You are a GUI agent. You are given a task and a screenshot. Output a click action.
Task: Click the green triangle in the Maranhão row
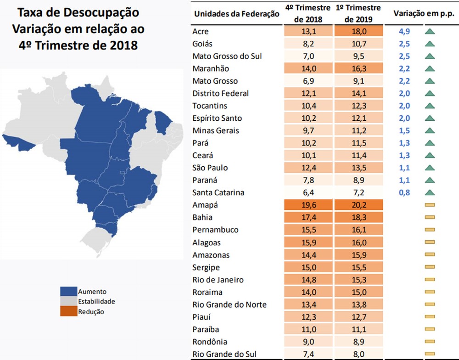(x=430, y=69)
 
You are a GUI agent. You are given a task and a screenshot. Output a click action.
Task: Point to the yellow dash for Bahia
(x=430, y=218)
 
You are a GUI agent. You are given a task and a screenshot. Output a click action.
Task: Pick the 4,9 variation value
(x=404, y=32)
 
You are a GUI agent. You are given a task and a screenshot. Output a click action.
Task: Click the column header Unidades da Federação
(x=237, y=14)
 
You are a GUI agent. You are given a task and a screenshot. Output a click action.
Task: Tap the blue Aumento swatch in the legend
(x=68, y=292)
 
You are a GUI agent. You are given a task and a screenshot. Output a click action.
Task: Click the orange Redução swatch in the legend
(x=68, y=312)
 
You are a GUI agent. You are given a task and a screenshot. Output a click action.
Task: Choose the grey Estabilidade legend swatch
(x=68, y=302)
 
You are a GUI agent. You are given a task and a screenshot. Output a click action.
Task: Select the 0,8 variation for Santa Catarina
(x=404, y=193)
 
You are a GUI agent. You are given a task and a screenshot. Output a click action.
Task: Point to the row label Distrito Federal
(x=222, y=94)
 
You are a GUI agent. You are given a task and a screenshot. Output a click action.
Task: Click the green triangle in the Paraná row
(x=430, y=180)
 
